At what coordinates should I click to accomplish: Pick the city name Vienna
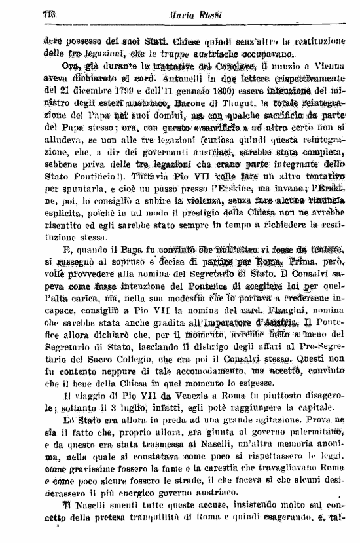[x=332, y=66]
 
